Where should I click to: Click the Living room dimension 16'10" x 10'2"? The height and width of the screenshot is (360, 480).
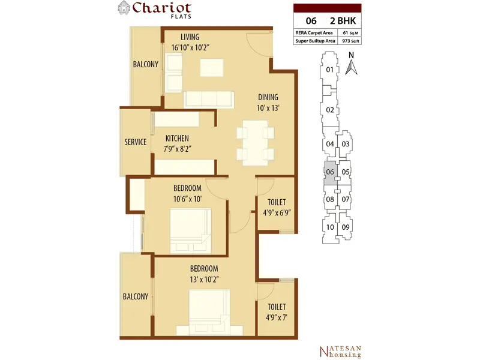190,48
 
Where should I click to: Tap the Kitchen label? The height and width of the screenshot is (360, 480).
177,138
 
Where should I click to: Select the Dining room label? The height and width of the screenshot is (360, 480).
268,97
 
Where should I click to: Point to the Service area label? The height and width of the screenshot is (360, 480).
136,142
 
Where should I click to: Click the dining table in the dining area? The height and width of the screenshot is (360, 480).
255,143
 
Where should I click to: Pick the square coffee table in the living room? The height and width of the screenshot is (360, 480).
212,68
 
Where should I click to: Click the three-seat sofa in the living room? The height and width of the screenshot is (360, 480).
209,99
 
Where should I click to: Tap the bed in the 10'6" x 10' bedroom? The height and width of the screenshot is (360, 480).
190,231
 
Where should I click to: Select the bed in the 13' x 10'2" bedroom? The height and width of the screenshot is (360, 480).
209,312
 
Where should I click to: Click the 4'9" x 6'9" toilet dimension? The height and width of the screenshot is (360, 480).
277,213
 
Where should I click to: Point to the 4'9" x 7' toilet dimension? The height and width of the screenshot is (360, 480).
277,317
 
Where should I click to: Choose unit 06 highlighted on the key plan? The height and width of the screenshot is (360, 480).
331,173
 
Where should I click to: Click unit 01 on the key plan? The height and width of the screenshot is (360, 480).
329,70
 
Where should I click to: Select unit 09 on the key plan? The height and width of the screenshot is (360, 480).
346,227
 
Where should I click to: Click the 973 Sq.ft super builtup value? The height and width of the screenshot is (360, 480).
350,41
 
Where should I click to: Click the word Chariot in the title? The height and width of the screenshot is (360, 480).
162,8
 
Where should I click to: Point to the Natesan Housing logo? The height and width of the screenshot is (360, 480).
340,352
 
